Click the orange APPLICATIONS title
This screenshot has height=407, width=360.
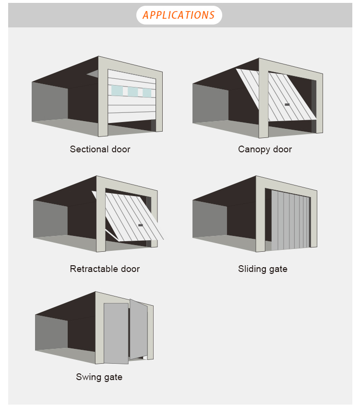179,15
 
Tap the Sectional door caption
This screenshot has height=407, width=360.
100,149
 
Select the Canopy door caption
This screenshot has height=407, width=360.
265,149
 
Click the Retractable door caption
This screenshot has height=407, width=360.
105,269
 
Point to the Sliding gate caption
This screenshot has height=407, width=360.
263,269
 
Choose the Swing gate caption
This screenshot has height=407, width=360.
99,377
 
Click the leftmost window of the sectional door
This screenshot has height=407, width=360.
117,90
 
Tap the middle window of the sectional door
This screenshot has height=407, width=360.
133,92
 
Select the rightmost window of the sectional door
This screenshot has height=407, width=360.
147,93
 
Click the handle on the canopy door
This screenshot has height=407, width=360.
287,105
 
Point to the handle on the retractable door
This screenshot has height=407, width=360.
141,225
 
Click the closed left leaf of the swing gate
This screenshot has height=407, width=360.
116,333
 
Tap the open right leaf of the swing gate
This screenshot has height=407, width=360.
139,330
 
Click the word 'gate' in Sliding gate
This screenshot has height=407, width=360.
278,270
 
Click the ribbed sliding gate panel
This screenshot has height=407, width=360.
290,220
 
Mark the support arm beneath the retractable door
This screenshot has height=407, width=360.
112,235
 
